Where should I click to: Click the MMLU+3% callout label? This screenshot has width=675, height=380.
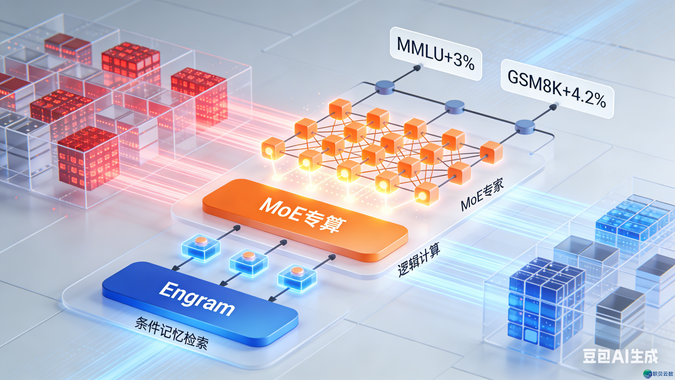point(435,53)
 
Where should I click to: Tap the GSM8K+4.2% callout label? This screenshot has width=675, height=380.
point(557,89)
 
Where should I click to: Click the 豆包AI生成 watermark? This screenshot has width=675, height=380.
point(620,356)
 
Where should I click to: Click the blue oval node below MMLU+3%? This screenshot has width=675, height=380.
point(385,87)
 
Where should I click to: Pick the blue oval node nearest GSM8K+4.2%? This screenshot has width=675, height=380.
point(525,126)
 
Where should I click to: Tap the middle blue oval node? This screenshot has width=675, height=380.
point(455,107)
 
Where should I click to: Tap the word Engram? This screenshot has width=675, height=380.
point(197,298)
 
